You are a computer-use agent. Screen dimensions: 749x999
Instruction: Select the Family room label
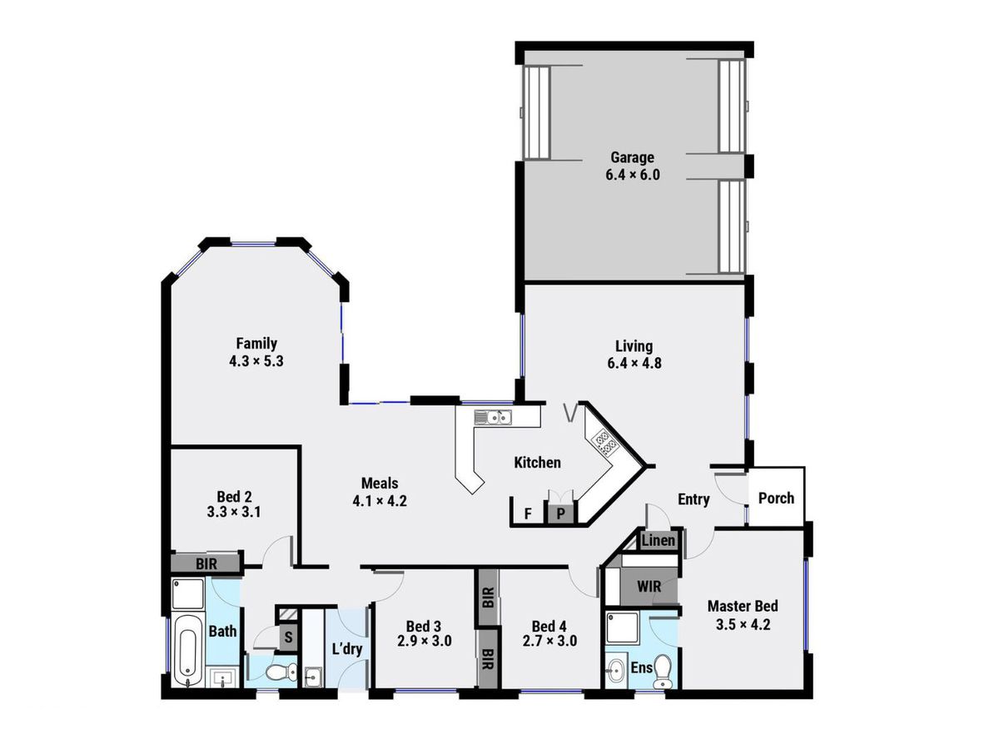pos(256,352)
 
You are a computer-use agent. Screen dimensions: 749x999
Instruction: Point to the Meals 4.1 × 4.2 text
pos(379,492)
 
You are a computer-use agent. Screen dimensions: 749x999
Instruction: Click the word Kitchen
pos(537,463)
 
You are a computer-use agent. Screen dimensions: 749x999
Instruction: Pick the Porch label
pos(776,499)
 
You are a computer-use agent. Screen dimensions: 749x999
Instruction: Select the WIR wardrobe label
pos(649,587)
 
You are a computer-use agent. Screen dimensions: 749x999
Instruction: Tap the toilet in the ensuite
pos(664,671)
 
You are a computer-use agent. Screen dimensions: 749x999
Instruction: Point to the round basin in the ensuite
pos(617,667)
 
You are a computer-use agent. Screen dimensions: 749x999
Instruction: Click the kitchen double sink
pos(492,415)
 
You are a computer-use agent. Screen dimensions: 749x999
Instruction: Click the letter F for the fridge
pos(527,513)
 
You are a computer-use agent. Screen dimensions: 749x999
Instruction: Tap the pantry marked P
pos(561,513)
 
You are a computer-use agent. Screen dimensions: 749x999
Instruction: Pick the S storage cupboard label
pos(288,637)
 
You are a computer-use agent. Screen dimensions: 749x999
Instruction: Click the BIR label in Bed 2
pos(206,563)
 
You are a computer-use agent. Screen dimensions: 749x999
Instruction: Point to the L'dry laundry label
pos(346,649)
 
